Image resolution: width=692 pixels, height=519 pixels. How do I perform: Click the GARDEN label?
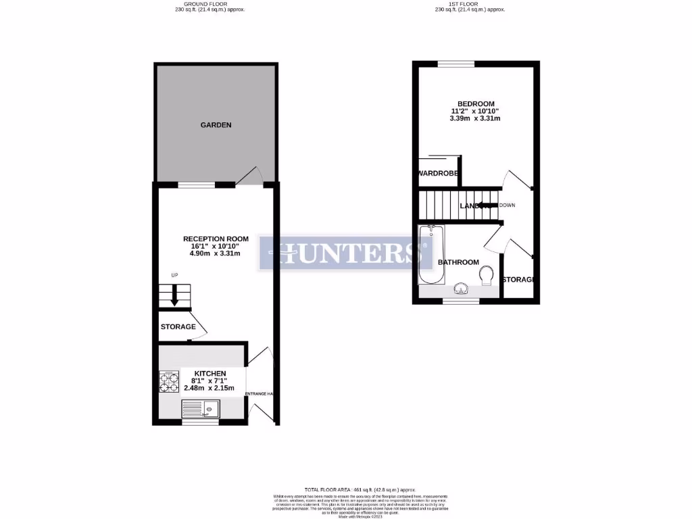click(x=216, y=125)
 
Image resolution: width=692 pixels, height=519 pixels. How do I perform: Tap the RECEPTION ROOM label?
click(x=216, y=239)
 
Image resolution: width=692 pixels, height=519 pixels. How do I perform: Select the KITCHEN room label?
click(x=210, y=373)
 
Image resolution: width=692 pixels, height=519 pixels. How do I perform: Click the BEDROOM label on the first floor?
click(x=475, y=103)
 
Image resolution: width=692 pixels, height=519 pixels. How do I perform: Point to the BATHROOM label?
click(x=458, y=262)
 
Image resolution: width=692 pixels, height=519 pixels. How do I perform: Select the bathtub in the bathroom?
click(x=431, y=255)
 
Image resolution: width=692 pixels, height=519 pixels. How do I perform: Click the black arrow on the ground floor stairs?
click(x=174, y=295)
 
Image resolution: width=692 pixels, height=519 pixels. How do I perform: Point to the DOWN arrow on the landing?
click(x=488, y=205)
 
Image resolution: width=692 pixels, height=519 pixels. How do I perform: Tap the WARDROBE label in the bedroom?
click(x=439, y=174)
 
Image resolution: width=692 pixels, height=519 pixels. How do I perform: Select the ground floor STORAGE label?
click(x=178, y=327)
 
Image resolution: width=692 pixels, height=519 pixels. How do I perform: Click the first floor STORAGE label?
click(x=519, y=280)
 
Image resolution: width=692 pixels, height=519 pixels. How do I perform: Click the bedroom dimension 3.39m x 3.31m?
click(x=475, y=118)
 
